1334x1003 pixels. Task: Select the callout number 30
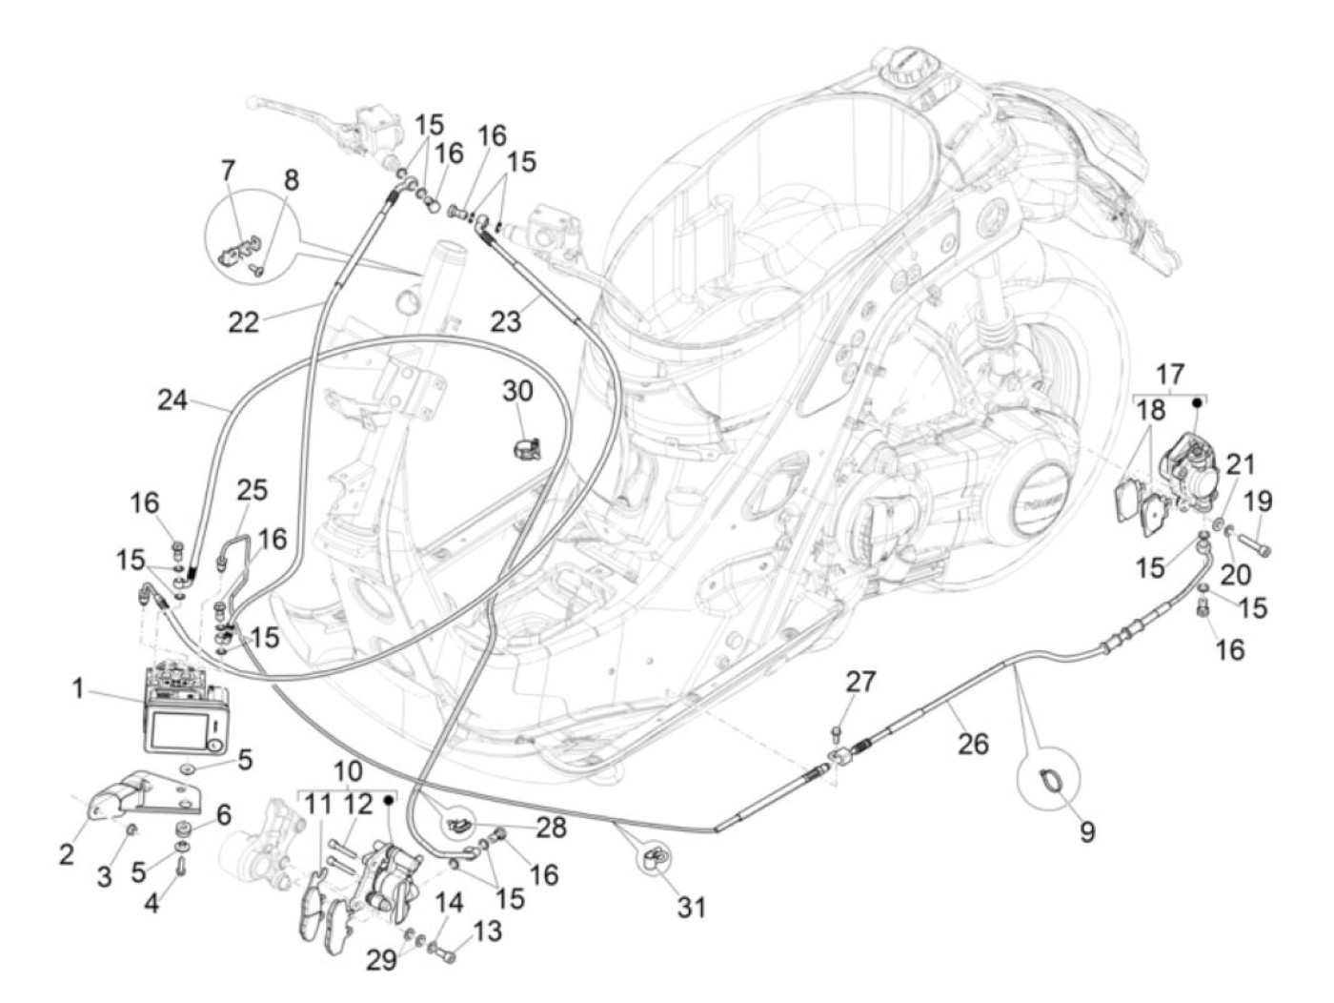(518, 391)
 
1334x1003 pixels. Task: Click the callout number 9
(1086, 830)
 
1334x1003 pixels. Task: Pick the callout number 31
(692, 905)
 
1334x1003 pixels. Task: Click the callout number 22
(244, 321)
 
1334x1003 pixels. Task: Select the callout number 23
(506, 321)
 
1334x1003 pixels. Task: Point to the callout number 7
(227, 172)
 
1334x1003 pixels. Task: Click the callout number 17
(1170, 373)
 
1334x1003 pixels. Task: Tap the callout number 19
(1257, 501)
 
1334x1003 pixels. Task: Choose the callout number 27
(860, 682)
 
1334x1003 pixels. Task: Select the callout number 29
(382, 960)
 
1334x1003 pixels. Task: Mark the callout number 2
(66, 855)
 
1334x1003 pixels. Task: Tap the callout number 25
(253, 491)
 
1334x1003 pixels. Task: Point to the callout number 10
(349, 769)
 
